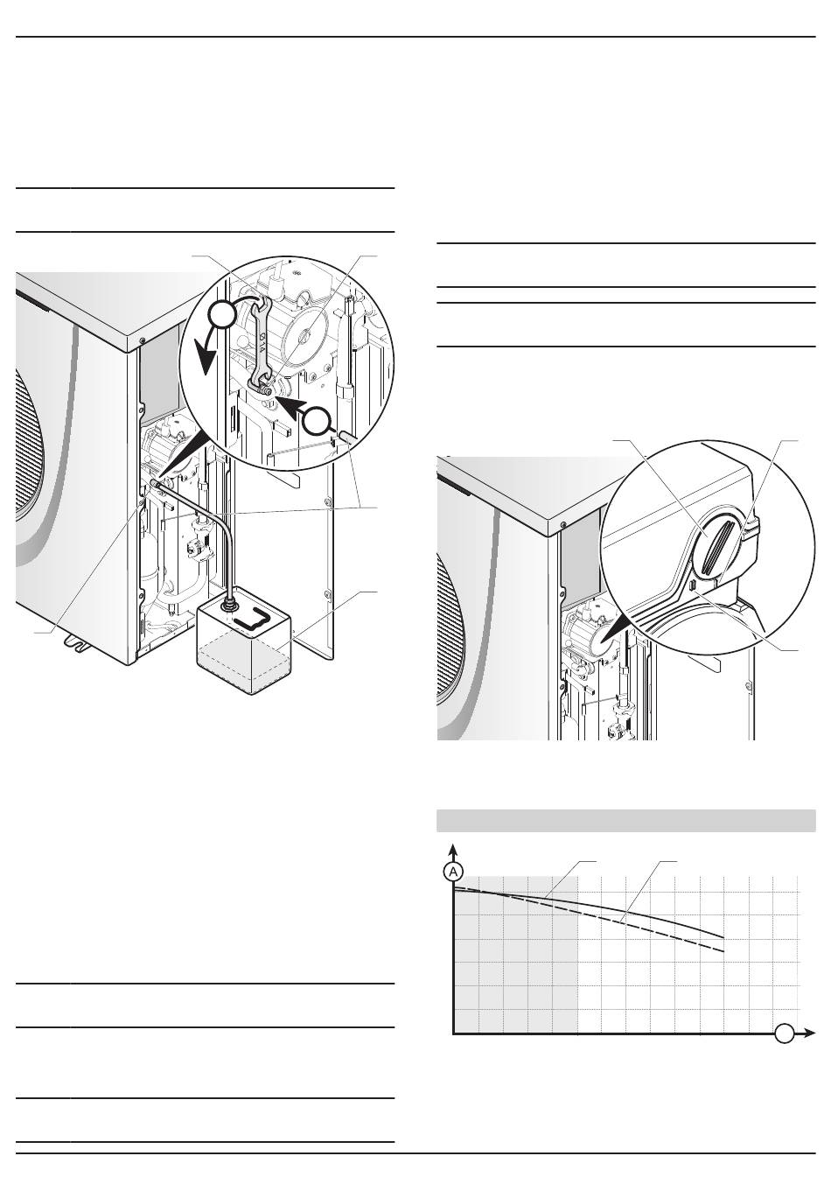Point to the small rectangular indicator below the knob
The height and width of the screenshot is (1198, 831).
692,584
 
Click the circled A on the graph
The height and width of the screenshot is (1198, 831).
452,872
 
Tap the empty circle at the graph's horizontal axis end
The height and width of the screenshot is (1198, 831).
785,1033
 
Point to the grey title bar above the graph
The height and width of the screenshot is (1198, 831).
625,821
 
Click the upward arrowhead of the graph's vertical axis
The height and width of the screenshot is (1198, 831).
452,849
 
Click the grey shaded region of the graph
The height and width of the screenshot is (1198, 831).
516,963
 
